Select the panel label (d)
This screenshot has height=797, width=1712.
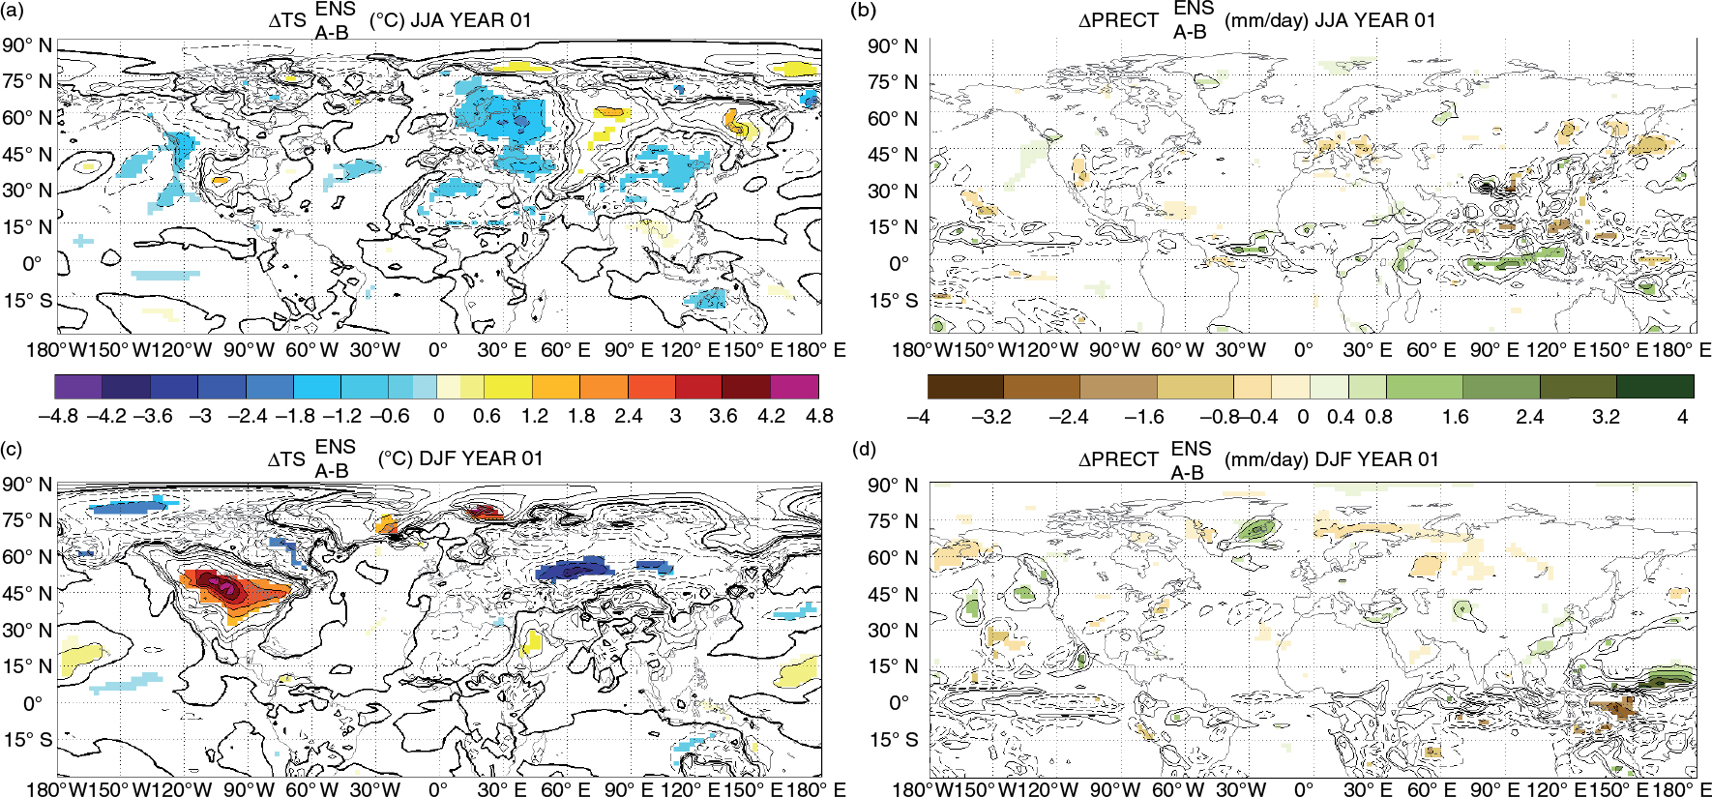(x=864, y=449)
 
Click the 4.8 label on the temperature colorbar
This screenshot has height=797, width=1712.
(x=819, y=416)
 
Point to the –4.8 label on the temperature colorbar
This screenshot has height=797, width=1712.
(x=58, y=416)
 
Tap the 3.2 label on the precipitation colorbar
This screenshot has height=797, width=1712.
(x=1606, y=417)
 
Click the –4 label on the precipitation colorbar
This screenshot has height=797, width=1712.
(x=918, y=417)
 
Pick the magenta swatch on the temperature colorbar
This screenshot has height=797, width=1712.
(x=795, y=387)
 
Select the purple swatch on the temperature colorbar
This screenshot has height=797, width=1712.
(x=78, y=387)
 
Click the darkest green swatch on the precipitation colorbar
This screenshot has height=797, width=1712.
(x=1655, y=387)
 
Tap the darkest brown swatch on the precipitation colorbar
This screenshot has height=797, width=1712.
(x=965, y=387)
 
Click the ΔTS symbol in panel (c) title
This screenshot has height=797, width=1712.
(x=286, y=458)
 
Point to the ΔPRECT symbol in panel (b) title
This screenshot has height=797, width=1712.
(x=1118, y=20)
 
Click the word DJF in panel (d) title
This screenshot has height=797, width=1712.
(x=1332, y=459)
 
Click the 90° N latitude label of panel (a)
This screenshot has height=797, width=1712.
(x=27, y=45)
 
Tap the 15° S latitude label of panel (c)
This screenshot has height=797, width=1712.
(x=27, y=740)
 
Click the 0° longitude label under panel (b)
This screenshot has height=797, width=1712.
(x=1304, y=349)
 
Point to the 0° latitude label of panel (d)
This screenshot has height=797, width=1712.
(x=899, y=703)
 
